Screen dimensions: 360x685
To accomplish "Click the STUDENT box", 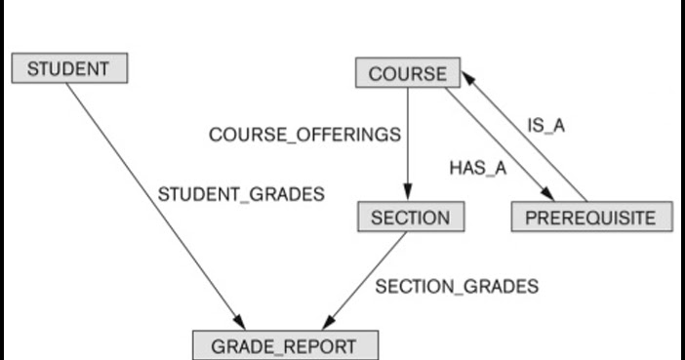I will (x=68, y=69).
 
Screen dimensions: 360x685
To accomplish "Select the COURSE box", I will (x=407, y=73).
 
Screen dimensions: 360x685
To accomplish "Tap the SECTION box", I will (x=411, y=217).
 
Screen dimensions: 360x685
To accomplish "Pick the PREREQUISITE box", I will (x=590, y=217).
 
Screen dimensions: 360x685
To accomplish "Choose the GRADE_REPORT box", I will (x=284, y=345).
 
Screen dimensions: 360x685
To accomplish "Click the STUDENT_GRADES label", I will (x=240, y=193).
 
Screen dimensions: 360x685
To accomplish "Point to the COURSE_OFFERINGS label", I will (x=304, y=135).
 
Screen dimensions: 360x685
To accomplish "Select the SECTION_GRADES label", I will (x=457, y=287).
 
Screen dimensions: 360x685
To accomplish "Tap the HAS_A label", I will (x=477, y=167).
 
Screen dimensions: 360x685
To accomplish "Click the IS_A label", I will (x=546, y=126).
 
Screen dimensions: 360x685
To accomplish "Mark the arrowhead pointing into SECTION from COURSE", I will (x=409, y=196).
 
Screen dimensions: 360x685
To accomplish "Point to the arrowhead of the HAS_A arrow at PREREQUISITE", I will (x=546, y=197).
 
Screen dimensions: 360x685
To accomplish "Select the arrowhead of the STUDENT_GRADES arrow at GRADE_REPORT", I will (x=239, y=324).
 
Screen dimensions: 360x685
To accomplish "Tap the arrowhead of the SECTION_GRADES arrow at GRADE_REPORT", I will (x=327, y=324).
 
